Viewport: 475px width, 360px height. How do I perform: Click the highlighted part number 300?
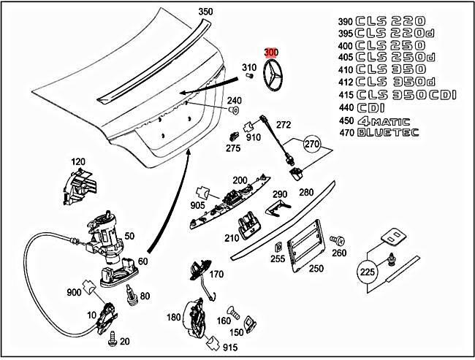pyautogui.click(x=271, y=53)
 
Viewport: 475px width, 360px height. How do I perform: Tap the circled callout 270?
pyautogui.click(x=313, y=144)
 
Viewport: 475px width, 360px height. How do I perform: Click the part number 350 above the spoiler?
pyautogui.click(x=206, y=11)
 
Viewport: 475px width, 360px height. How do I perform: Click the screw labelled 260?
pyautogui.click(x=338, y=240)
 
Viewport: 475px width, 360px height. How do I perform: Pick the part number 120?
pyautogui.click(x=78, y=161)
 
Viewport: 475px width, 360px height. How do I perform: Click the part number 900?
pyautogui.click(x=74, y=292)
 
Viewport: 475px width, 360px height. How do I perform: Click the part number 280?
pyautogui.click(x=305, y=192)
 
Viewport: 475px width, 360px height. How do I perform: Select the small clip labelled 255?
pyautogui.click(x=278, y=245)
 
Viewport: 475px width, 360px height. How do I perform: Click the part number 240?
pyautogui.click(x=235, y=100)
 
